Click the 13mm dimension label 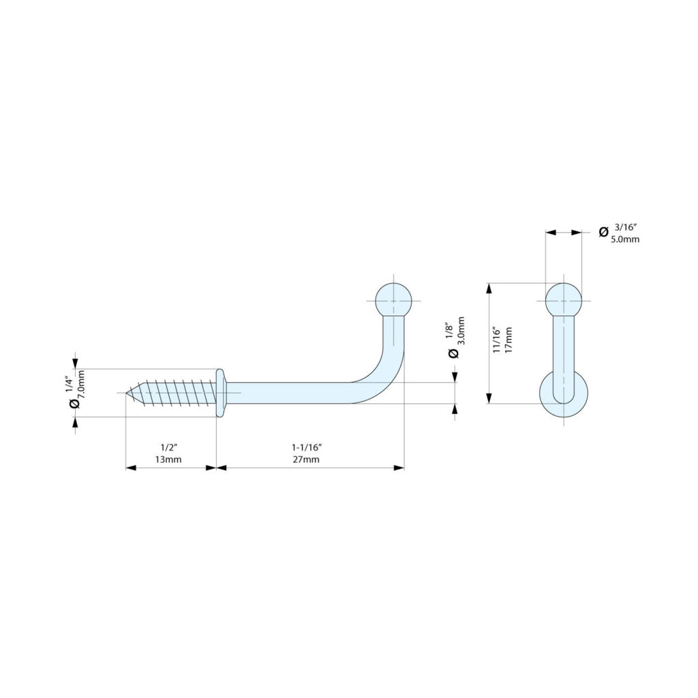coord(168,459)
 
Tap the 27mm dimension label coord(306,459)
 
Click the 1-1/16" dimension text coord(307,446)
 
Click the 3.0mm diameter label coord(461,331)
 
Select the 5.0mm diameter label coord(625,239)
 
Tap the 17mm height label coord(509,340)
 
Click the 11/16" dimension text coord(497,340)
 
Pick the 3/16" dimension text coord(626,227)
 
